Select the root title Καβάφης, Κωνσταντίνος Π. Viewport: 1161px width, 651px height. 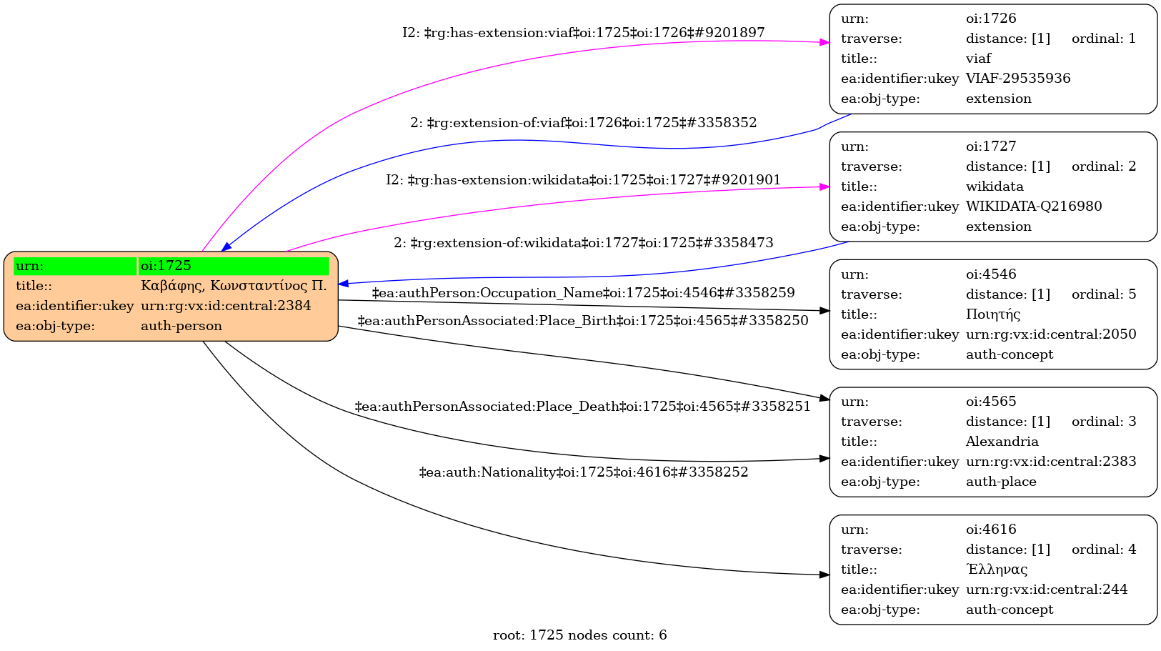pyautogui.click(x=234, y=286)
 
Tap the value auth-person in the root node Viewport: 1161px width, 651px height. pyautogui.click(x=181, y=326)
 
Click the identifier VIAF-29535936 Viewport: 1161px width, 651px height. pyautogui.click(x=1018, y=79)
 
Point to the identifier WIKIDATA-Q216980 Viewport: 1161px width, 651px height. pyautogui.click(x=1034, y=207)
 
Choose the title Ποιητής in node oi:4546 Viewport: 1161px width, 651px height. pyautogui.click(x=993, y=314)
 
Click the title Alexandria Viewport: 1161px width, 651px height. pyautogui.click(x=1002, y=442)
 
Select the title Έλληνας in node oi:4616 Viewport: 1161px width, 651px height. pyautogui.click(x=997, y=570)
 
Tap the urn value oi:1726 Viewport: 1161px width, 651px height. pyautogui.click(x=991, y=19)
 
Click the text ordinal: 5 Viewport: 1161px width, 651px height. pyautogui.click(x=1103, y=294)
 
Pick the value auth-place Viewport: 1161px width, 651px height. pyautogui.click(x=1001, y=482)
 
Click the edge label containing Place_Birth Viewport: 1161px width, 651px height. pyautogui.click(x=582, y=321)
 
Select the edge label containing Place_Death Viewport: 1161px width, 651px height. pyautogui.click(x=582, y=407)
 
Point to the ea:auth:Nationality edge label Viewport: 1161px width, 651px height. pyautogui.click(x=583, y=472)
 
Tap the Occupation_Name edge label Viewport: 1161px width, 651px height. pyautogui.click(x=583, y=293)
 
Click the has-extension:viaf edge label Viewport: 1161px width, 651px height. pyautogui.click(x=583, y=33)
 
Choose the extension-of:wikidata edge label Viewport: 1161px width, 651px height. pyautogui.click(x=583, y=243)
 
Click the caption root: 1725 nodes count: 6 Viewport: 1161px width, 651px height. pyautogui.click(x=579, y=635)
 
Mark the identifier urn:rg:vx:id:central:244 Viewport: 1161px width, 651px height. pyautogui.click(x=1047, y=590)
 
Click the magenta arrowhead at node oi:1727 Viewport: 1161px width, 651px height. pyautogui.click(x=824, y=187)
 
